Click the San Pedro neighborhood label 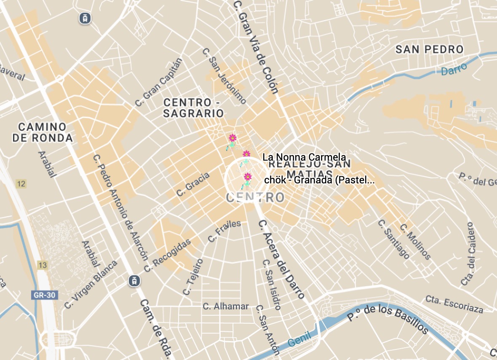click(x=429, y=49)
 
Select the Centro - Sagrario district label click(x=193, y=108)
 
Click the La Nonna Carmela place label click(x=304, y=157)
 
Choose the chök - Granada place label click(x=319, y=180)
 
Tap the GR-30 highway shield click(x=44, y=295)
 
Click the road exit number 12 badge click(x=21, y=183)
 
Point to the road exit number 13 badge click(x=42, y=265)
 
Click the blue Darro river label click(x=454, y=70)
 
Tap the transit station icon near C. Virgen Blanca click(x=134, y=280)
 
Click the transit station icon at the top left click(x=85, y=18)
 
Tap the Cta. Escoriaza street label click(x=454, y=304)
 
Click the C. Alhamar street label click(x=226, y=306)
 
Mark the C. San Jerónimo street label click(x=224, y=76)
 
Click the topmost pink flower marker click(x=232, y=138)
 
